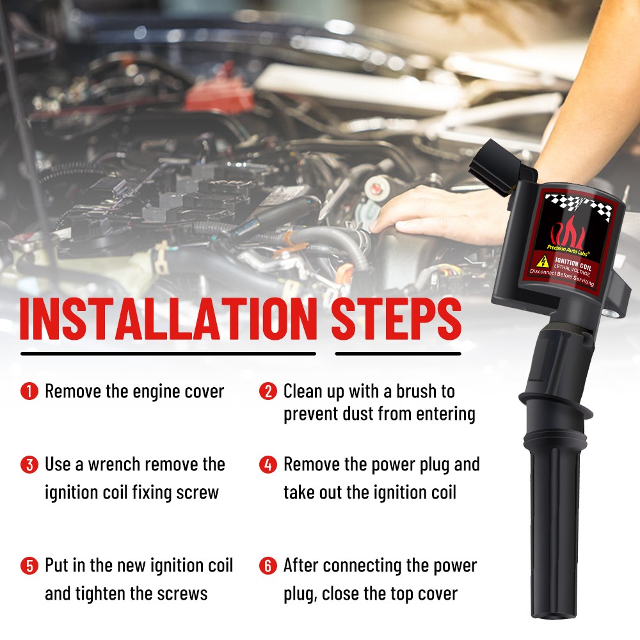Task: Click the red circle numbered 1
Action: [29, 391]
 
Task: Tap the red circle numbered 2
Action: [268, 391]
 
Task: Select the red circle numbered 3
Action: [29, 465]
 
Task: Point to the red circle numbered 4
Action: [268, 465]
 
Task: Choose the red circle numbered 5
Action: [29, 566]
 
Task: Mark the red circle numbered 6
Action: [268, 566]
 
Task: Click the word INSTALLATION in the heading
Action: [168, 319]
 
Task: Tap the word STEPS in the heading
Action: [396, 319]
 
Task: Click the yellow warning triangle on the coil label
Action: [543, 260]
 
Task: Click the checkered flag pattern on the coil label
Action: [580, 205]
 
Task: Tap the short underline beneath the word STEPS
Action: [398, 353]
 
